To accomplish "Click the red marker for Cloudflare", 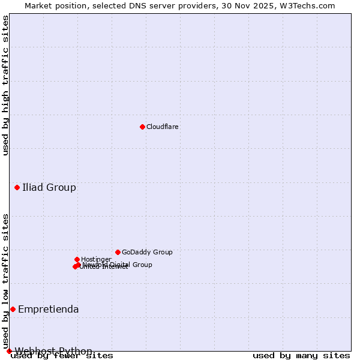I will pos(142,127).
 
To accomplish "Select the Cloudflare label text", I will pos(163,127).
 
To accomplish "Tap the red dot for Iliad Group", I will pos(17,188).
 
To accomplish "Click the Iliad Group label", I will pos(49,188).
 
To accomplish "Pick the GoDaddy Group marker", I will pos(118,252).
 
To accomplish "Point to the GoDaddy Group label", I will pos(147,253).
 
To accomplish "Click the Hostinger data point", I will pos(77,259).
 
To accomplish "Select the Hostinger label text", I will pos(96,260).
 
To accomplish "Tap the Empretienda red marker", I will pos(13,309).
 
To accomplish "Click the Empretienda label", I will pos(49,310).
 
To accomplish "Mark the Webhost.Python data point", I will pos(9,351).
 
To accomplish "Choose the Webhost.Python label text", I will pos(53,352).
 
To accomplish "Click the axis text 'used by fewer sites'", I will pos(62,356).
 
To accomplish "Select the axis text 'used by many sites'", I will pos(301,356).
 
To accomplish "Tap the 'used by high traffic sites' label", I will pos(6,85).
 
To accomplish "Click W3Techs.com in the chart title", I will pos(308,6).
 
